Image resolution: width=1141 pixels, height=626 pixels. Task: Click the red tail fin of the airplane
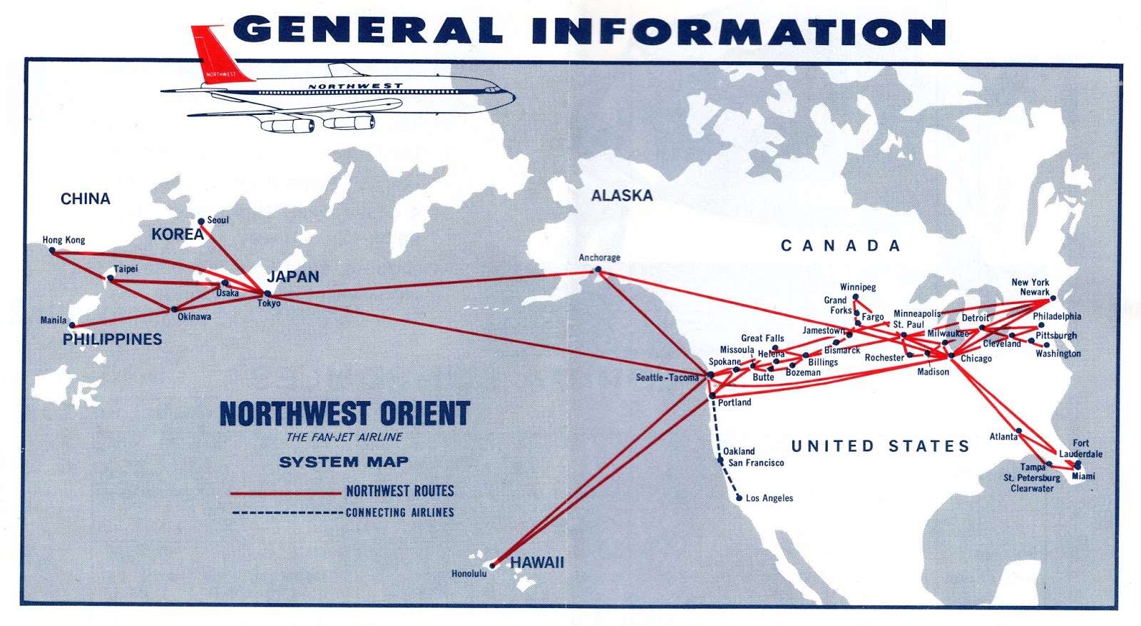coord(217,54)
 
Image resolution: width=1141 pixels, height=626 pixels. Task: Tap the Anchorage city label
coord(599,258)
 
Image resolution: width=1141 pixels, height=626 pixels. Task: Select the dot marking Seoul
coord(201,221)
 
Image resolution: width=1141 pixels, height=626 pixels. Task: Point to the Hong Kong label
coord(63,240)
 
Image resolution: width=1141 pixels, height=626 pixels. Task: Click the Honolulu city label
coord(469,573)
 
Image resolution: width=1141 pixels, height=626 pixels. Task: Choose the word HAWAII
coord(537,562)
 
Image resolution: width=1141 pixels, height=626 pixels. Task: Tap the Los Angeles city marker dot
coord(739,498)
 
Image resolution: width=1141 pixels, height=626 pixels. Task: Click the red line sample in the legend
coord(285,493)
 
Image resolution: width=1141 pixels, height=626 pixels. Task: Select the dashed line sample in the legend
coord(287,513)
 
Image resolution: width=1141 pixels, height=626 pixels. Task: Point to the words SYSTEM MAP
coord(344,462)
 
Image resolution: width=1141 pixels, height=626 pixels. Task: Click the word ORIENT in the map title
coord(424,414)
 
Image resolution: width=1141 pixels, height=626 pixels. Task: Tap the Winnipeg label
coord(857,287)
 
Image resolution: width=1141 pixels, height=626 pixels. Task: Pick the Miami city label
coord(1083,476)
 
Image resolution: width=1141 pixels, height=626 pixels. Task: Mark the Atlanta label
coord(1003,437)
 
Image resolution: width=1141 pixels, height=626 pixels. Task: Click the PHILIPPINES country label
coord(112,339)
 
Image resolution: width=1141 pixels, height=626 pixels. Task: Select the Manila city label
coord(53,320)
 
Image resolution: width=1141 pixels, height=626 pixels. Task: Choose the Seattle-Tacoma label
coord(667,378)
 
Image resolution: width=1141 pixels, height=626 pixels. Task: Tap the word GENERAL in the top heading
coord(367,31)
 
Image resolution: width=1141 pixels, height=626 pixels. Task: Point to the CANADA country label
coord(841,246)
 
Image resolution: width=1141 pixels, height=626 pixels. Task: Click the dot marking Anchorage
coord(598,270)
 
